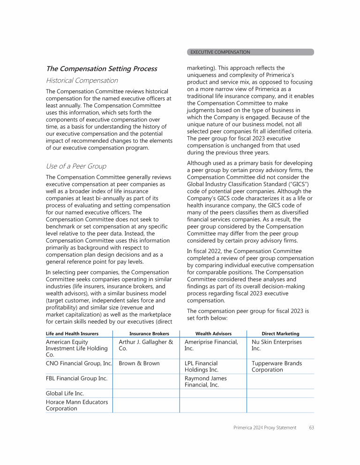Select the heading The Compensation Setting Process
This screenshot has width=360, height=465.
pos(101,69)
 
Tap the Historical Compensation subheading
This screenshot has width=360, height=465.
pos(82,81)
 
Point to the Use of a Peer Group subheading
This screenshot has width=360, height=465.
pos(76,166)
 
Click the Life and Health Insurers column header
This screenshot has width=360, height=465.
pos(72,333)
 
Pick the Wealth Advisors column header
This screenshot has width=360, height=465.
pos(213,333)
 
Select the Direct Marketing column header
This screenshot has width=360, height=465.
pos(280,333)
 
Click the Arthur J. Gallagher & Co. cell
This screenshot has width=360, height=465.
pos(146,345)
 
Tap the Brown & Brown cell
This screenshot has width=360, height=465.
pos(139,363)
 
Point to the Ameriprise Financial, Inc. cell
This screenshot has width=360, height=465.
pos(211,345)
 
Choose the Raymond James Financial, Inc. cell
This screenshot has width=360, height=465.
pos(205,382)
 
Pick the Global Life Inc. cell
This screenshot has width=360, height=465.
pos(65,393)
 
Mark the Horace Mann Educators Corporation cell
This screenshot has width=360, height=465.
pos(76,405)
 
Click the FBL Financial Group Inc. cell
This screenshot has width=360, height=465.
pos(76,378)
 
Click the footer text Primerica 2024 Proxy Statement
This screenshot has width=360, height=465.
pos(265,428)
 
